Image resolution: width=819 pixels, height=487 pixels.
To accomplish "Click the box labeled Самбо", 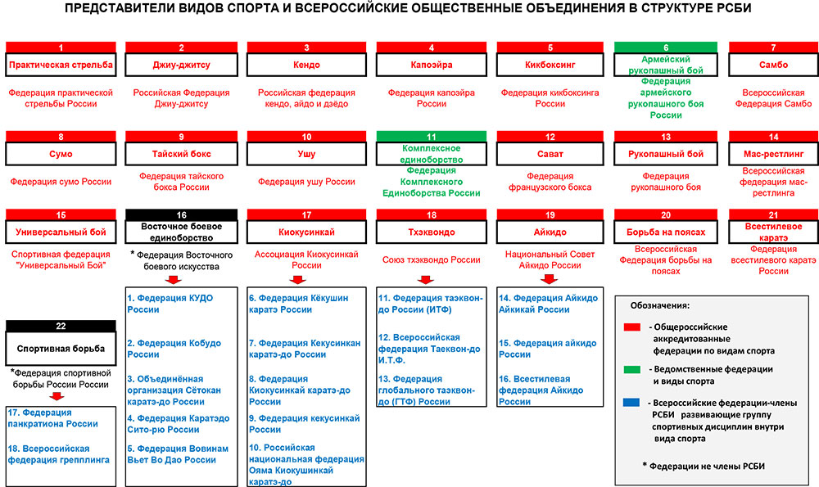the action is (x=773, y=65).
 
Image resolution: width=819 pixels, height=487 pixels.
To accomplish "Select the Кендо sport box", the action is (x=306, y=65).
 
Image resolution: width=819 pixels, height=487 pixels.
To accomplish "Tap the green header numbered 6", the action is (x=665, y=47).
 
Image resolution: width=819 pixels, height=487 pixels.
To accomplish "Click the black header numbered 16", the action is (x=181, y=214).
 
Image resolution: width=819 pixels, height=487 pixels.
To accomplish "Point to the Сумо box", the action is (x=61, y=154).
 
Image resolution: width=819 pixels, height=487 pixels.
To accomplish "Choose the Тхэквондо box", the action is (x=431, y=232).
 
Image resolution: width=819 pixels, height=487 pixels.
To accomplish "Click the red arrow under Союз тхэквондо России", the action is (x=426, y=280).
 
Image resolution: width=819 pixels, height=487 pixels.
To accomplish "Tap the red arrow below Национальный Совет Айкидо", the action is (x=549, y=279).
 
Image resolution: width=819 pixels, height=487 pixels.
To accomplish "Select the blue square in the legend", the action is (x=631, y=403).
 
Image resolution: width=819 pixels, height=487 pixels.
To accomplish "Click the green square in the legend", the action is (x=631, y=370).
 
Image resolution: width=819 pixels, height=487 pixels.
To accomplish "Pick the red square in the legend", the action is (x=631, y=327).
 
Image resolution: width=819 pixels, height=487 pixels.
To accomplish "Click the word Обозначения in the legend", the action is (x=659, y=305).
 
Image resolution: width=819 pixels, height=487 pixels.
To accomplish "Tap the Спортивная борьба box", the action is (x=61, y=348).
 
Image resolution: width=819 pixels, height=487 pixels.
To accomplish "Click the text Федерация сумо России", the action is (x=61, y=182).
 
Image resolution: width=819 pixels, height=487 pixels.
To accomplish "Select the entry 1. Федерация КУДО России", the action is (x=170, y=304).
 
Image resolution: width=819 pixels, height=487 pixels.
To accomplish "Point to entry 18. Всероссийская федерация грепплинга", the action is (x=58, y=454).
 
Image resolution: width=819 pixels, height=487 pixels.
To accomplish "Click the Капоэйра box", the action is (x=431, y=65).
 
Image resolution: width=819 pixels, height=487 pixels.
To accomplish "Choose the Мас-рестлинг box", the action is (x=773, y=154).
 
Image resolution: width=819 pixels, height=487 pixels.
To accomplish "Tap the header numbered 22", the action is (x=61, y=326).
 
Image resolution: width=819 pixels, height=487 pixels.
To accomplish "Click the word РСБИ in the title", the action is (x=733, y=8).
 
